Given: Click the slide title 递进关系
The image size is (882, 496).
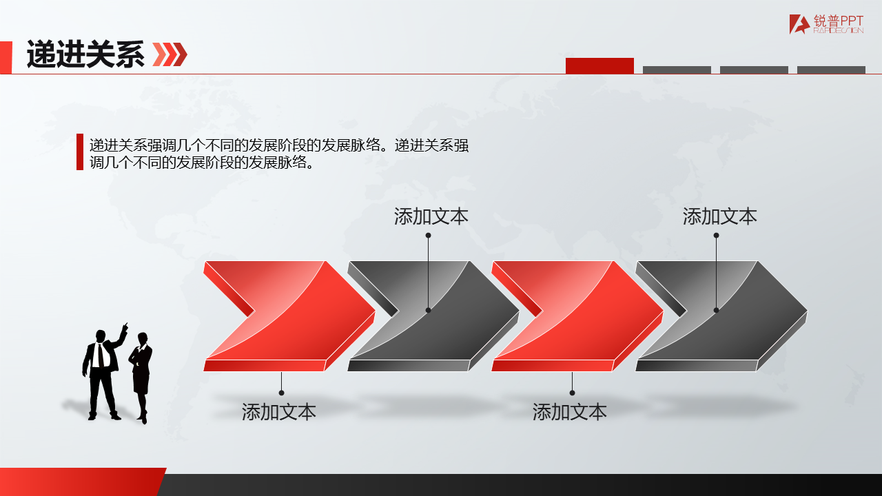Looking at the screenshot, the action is (85, 54).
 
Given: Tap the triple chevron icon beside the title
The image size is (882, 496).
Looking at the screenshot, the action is (170, 54).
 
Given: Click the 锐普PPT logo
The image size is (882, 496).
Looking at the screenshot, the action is (826, 24).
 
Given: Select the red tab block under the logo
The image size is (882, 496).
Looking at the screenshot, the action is (599, 65).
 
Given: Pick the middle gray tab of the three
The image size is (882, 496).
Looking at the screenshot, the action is (754, 70).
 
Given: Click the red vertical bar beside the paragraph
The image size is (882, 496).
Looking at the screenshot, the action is (80, 152).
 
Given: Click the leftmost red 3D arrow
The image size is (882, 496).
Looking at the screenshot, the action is (289, 316).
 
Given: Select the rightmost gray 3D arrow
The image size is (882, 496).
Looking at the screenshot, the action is (721, 316).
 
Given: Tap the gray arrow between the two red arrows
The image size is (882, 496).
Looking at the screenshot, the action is (433, 316).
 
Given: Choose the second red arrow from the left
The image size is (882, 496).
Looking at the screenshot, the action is (577, 316).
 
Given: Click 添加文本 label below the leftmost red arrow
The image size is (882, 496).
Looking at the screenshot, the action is (279, 412).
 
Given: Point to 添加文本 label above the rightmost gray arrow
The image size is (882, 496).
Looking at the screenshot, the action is (720, 216).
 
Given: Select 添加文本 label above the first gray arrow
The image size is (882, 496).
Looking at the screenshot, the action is (431, 216).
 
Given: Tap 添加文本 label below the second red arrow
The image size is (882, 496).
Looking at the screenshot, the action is (570, 412).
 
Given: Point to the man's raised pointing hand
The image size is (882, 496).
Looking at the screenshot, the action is (125, 327).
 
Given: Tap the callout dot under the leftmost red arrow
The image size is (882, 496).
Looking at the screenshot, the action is (281, 393).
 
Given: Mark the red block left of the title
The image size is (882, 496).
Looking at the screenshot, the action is (6, 57).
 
